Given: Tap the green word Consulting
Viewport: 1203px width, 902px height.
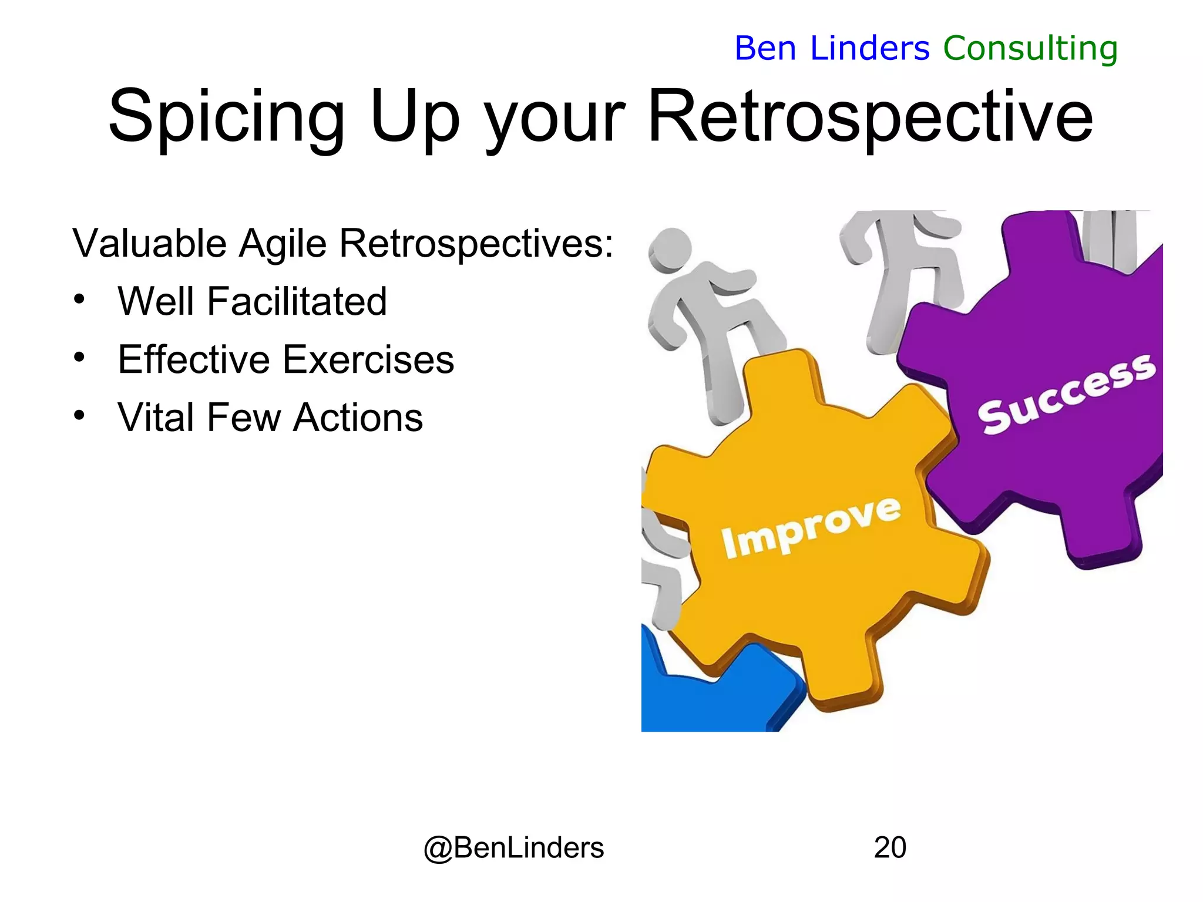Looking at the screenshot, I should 1030,48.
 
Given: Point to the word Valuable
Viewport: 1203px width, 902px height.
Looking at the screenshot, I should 149,243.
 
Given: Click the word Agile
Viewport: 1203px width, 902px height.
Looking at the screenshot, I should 283,243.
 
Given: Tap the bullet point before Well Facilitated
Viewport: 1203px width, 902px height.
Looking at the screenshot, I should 80,299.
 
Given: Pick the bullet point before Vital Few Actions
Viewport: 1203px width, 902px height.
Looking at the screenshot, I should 80,415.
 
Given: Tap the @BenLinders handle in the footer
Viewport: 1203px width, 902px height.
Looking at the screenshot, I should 513,847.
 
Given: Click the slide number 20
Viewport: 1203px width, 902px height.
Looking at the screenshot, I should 890,847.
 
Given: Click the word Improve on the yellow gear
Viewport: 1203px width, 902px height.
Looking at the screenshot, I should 811,527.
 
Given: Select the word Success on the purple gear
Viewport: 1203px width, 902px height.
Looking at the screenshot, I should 1066,393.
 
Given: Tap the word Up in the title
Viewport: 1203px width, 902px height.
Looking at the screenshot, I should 415,117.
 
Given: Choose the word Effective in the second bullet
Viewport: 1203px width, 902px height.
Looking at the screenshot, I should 193,359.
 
